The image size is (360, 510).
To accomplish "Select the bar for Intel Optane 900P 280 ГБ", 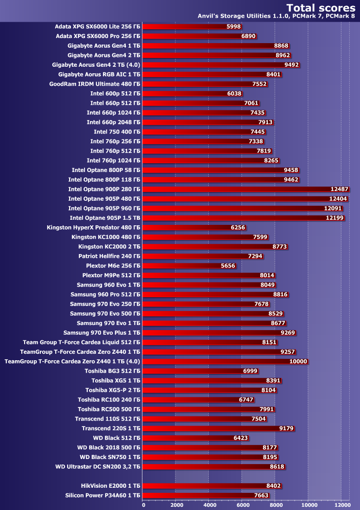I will [x=246, y=189].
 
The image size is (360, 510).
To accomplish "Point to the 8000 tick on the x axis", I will [x=276, y=504].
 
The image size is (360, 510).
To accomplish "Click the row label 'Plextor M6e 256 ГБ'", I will [x=113, y=266].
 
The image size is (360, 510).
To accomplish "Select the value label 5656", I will [x=228, y=266].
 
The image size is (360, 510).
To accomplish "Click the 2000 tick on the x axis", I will [x=176, y=504].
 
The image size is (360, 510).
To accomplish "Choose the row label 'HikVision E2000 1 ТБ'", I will [x=110, y=485].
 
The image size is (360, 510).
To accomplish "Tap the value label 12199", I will [x=335, y=218].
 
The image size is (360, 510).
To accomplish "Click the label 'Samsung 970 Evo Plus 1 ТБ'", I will [x=102, y=332].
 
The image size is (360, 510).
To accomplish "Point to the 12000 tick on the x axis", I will [x=342, y=504].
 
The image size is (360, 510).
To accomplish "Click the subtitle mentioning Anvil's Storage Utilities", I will [x=276, y=16].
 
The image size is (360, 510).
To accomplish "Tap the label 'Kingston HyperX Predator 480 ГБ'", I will [x=93, y=228].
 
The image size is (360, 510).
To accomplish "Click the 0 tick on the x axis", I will [x=143, y=504].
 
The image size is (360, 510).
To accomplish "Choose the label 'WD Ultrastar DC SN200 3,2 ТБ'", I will [x=97, y=466].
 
